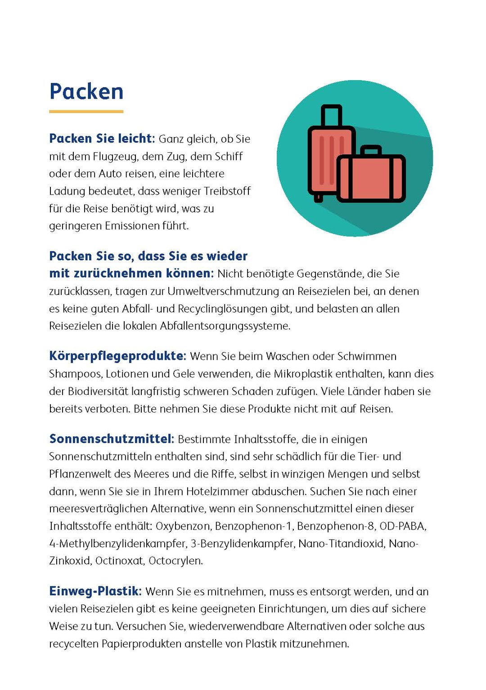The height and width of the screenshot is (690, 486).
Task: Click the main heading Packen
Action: tap(86, 91)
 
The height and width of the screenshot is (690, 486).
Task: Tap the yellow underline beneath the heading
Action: tap(86, 111)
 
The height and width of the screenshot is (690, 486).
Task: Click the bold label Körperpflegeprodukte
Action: tap(117, 356)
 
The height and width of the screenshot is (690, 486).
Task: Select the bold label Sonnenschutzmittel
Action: tap(112, 439)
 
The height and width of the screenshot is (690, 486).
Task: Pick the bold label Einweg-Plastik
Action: tap(95, 591)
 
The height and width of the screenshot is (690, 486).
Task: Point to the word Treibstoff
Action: tap(227, 191)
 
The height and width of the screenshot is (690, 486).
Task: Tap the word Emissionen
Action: tap(132, 226)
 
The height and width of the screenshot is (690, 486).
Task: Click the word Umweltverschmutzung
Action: tap(223, 291)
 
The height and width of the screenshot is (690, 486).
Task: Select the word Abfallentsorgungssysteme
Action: tap(225, 326)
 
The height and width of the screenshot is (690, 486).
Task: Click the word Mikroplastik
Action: tap(303, 374)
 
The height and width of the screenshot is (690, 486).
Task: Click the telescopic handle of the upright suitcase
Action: tap(332, 116)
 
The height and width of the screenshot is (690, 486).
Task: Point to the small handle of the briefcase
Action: tap(371, 150)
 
